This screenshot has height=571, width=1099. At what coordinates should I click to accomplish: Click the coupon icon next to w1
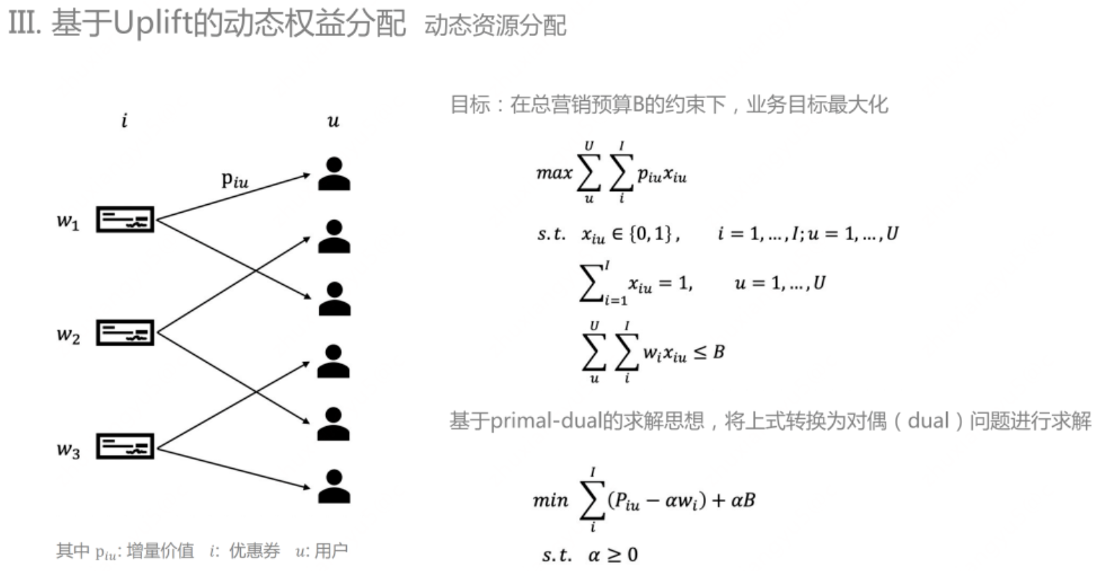coord(125,220)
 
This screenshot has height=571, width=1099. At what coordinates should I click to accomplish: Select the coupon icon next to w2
coord(125,334)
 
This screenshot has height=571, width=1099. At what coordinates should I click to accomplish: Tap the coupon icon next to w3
coord(125,447)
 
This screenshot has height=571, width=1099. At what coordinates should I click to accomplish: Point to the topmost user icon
coord(334,174)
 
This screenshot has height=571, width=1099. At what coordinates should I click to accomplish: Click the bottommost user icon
coord(334,487)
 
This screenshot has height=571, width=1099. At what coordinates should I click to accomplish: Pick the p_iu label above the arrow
coord(234,180)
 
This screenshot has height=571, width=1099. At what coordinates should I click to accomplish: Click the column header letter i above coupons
coord(124,120)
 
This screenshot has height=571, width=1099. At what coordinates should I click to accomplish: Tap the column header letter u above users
coord(332,121)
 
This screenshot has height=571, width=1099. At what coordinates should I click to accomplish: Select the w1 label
coord(68,221)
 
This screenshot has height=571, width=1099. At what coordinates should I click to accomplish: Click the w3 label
coord(68,450)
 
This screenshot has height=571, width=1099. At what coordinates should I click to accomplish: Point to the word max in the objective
coord(554,173)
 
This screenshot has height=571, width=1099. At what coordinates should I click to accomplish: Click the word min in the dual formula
coord(551,500)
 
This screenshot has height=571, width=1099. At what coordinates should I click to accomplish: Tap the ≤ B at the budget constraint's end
coord(710,353)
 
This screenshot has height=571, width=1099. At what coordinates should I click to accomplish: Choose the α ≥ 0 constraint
coord(612,554)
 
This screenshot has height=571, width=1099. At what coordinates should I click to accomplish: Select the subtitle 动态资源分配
coord(495,26)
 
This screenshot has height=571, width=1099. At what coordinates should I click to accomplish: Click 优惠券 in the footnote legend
coord(254,552)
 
